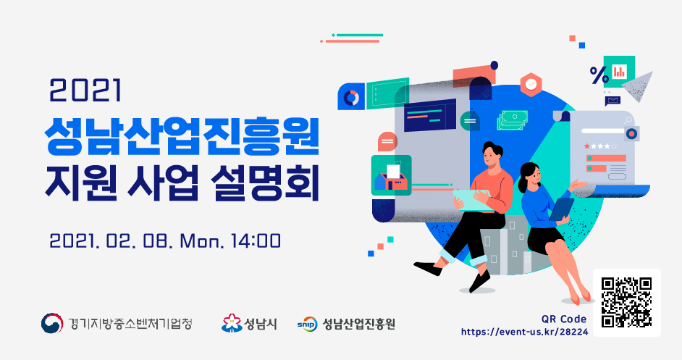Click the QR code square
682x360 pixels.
click(627, 303)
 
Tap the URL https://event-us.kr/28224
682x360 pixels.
click(525, 332)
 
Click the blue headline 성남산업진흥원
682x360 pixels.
click(182, 137)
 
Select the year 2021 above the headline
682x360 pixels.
click(85, 91)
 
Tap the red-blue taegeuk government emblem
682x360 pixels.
click(51, 324)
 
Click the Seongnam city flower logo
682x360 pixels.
click(232, 324)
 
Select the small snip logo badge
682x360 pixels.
click(307, 324)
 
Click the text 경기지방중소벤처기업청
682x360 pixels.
click(130, 324)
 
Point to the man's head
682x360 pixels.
click(492, 154)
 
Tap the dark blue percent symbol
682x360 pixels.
click(599, 75)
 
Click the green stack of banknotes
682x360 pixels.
click(513, 120)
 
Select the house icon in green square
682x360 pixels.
click(391, 175)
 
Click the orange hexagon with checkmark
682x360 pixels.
click(531, 84)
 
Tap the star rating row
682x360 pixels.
click(600, 146)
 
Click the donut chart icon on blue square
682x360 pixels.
click(351, 96)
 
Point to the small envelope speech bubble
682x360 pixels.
click(612, 101)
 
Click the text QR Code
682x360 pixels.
click(564, 319)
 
